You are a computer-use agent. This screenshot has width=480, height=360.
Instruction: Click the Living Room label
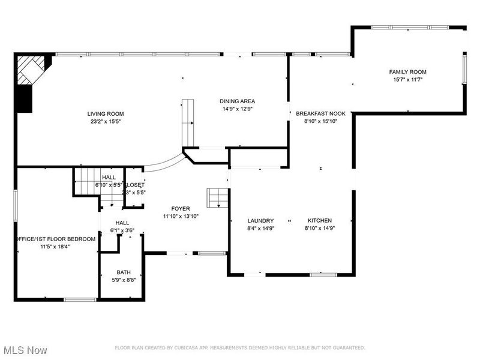pos(106,113)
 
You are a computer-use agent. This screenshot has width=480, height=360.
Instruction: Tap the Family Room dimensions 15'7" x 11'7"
pos(408,80)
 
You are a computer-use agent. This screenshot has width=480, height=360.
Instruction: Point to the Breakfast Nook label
pos(320,113)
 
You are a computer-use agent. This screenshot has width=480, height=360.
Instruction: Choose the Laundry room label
pos(260,220)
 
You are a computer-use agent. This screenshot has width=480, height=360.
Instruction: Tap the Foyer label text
pos(181,208)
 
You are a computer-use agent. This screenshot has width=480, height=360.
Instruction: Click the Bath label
pos(124,272)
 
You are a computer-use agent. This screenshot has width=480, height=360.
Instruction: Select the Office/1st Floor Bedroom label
pos(55,239)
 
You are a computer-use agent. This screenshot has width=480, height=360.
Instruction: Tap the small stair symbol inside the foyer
pos(217,197)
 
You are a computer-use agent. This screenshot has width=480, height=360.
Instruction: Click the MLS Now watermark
pos(25,349)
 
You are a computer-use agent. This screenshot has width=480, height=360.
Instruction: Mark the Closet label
pos(134,185)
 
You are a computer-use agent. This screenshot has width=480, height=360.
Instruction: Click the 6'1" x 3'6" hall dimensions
pos(122,230)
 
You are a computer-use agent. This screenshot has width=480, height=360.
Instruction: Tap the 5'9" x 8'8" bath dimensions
pos(124,280)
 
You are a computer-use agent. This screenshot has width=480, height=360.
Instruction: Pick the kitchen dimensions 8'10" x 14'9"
pos(320,228)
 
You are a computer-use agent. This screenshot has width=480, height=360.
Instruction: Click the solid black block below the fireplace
pos(23,99)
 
